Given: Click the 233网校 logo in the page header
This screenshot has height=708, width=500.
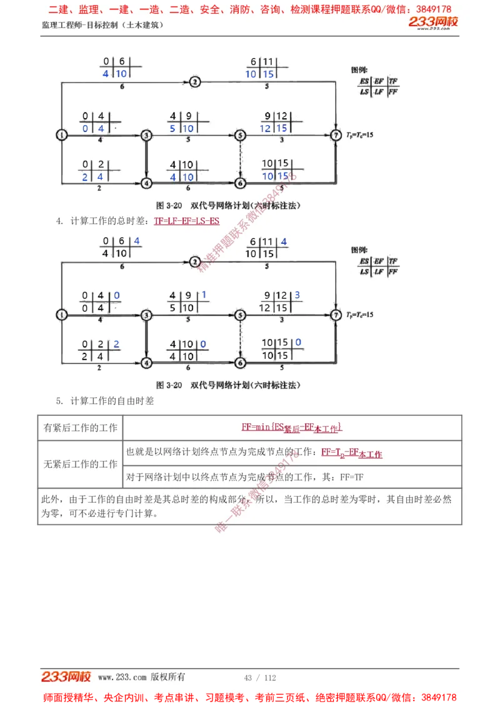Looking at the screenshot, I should [434, 23].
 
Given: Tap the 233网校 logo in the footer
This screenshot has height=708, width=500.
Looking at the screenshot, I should [66, 677].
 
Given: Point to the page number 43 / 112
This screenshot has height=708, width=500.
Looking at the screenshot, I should [260, 677].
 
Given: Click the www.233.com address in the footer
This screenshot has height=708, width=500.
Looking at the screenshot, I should [122, 677].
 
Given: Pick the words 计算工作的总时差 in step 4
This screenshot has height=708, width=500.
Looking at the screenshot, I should [109, 221].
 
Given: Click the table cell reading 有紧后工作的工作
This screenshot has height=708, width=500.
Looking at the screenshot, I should [80, 428].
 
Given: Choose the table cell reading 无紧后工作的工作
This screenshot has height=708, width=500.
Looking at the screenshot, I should [80, 464].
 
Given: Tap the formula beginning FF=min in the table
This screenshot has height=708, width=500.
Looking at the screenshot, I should [292, 428].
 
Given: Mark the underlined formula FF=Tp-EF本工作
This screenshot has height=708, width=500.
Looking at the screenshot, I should [351, 453].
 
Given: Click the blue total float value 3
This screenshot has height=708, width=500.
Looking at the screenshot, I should [297, 295].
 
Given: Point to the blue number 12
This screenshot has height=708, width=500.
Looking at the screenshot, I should [266, 128].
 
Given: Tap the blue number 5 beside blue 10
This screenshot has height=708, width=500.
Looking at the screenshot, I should [173, 128].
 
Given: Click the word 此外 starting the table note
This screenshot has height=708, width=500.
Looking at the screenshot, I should [49, 500].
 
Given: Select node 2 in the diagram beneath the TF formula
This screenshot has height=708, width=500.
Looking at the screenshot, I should [195, 261].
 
